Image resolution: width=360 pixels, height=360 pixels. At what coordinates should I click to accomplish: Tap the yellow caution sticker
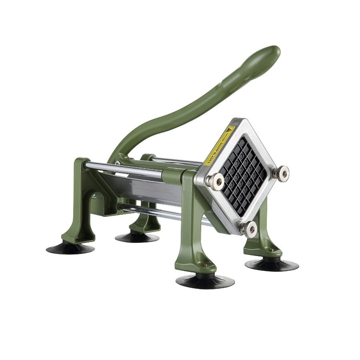[219, 146]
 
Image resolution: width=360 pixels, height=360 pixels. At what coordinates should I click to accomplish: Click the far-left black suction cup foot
[70, 248]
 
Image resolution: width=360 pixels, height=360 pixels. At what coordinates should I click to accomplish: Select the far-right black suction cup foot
[272, 265]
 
